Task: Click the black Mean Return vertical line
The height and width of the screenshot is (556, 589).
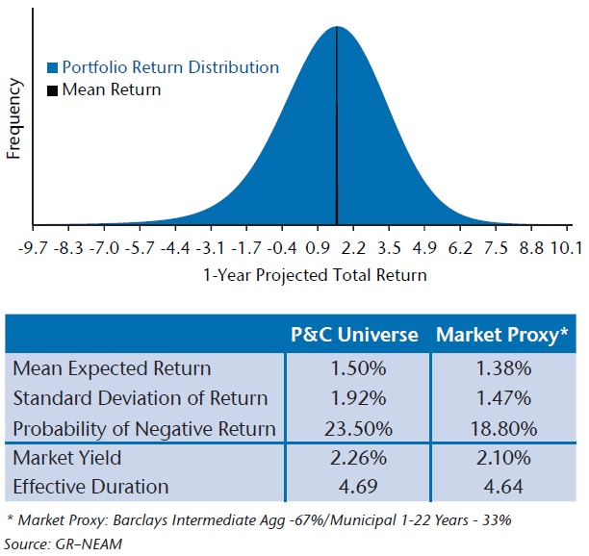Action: point(336,125)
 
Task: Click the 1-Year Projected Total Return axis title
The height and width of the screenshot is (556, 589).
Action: point(314,274)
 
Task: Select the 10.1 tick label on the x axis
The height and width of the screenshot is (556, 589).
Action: point(565,249)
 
